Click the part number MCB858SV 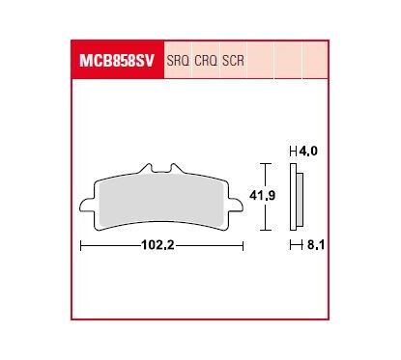pos(117,61)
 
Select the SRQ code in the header pos(178,61)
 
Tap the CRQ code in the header pos(206,61)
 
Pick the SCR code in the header pos(233,61)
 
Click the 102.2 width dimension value pos(158,245)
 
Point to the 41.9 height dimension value pos(263,195)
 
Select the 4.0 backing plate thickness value pos(308,151)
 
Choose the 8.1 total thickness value pos(316,245)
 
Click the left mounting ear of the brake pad pos(86,206)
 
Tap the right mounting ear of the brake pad pos(236,205)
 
